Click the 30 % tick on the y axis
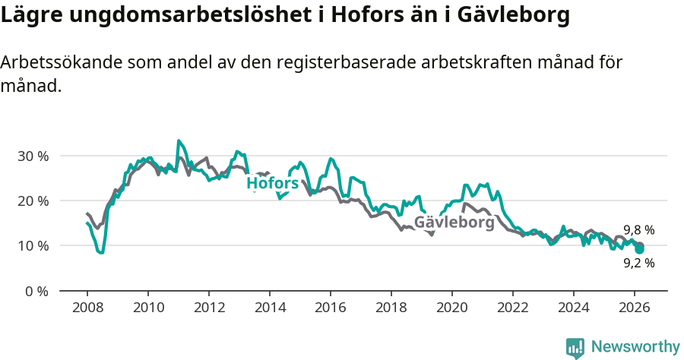tap(32, 156)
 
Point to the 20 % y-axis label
tap(32, 201)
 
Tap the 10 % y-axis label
tap(32, 245)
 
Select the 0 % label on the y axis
tap(36, 291)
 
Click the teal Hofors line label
tap(272, 183)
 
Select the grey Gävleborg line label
tap(454, 223)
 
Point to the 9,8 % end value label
tap(638, 230)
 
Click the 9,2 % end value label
tap(638, 264)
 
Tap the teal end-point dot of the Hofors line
tap(640, 249)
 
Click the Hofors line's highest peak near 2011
tap(179, 141)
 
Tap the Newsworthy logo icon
tap(575, 348)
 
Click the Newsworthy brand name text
tap(635, 347)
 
